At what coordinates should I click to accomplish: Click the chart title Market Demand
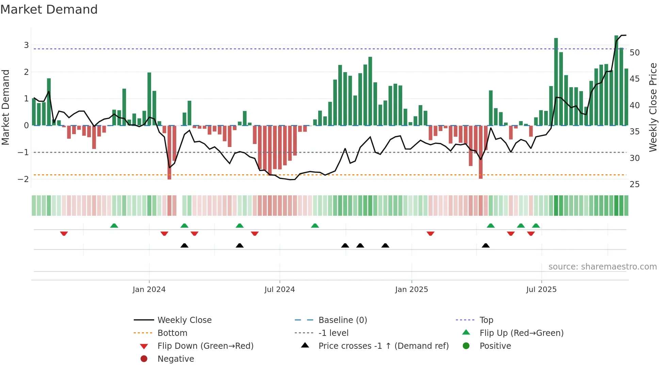49,10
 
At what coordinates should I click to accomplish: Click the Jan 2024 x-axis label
149,290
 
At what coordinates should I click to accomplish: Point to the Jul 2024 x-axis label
279,290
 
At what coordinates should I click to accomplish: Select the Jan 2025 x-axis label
411,290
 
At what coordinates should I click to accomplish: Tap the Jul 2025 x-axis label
541,290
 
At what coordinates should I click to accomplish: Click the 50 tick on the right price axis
634,53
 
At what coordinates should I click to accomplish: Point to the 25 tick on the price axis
634,184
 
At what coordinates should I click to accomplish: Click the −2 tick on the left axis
23,179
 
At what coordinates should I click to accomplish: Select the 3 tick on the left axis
26,45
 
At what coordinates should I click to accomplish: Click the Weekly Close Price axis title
653,107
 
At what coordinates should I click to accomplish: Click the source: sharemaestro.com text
602,267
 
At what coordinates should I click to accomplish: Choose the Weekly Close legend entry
184,320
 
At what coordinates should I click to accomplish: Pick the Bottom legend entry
172,333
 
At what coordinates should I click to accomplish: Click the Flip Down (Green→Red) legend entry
205,346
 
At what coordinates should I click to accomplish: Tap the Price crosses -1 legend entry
383,346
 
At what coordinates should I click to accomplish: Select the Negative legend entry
176,359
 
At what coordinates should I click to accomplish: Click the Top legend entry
486,320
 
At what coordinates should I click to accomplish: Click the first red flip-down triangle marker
64,233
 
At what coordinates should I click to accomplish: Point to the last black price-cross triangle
486,245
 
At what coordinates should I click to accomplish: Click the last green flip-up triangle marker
536,226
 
